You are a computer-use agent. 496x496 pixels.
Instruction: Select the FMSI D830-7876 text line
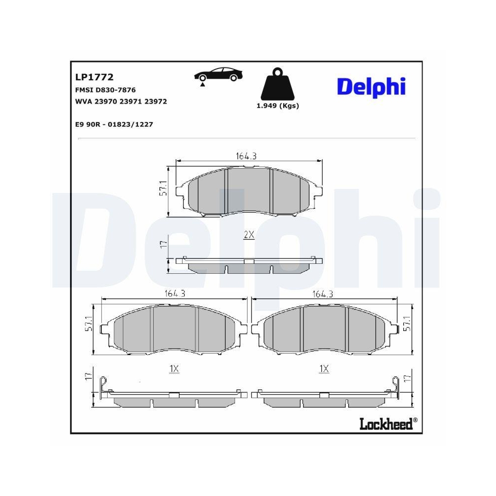point(105,90)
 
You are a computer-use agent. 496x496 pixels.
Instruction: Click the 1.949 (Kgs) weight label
point(277,106)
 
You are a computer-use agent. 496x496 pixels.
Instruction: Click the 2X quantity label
point(249,236)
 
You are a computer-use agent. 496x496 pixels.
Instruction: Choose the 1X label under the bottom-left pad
point(174,369)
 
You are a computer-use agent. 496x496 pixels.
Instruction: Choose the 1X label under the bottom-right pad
point(324,369)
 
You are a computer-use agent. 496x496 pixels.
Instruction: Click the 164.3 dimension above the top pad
point(246,156)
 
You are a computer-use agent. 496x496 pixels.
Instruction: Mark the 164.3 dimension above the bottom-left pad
point(175,294)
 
